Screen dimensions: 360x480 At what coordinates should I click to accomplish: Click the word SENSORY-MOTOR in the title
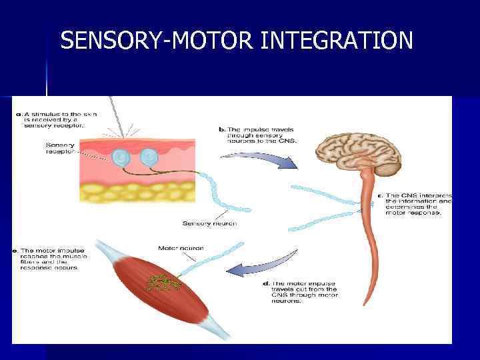[157, 41]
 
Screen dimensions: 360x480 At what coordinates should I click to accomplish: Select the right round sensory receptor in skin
[149, 157]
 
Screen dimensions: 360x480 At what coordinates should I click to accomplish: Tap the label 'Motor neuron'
[181, 248]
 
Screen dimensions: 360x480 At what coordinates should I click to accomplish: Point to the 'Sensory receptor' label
[60, 148]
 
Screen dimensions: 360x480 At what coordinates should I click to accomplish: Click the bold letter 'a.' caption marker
[19, 114]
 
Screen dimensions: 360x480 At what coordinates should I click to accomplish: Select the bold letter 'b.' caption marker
[222, 129]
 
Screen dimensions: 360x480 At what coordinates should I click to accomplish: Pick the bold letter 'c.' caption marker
[380, 195]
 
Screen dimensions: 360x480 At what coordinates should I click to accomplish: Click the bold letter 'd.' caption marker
[267, 283]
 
